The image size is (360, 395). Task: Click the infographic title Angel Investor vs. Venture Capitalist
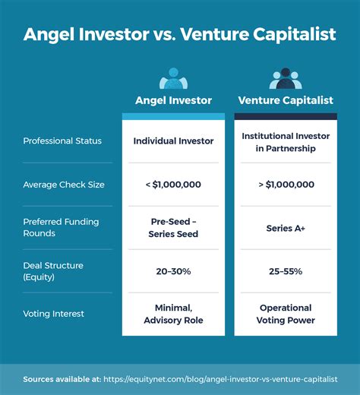180,35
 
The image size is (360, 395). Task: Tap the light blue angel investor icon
173,79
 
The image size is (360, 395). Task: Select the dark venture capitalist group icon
286,79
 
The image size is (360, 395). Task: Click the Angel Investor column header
173,100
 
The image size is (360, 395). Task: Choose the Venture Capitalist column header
286,100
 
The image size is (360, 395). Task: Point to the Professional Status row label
62,141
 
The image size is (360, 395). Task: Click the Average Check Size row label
64,184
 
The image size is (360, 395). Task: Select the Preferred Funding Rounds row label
61,227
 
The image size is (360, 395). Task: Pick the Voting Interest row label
55,313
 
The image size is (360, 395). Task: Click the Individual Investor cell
173,141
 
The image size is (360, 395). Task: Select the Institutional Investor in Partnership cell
286,142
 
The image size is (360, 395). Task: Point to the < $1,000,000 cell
173,184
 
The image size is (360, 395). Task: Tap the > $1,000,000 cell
286,184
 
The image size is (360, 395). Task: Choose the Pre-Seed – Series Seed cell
173,228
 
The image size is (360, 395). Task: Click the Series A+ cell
286,227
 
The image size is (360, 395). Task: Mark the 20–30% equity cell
173,270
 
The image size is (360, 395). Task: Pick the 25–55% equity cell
286,270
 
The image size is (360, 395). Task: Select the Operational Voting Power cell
286,314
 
